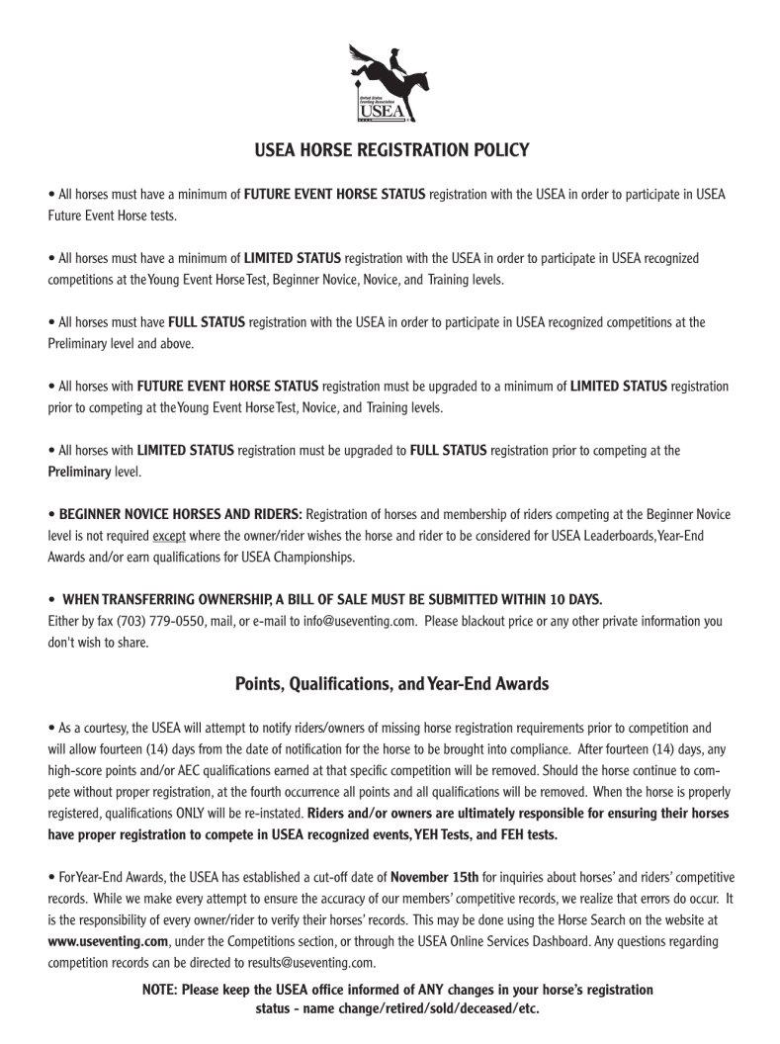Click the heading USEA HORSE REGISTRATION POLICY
[391, 150]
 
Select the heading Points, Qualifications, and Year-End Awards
[391, 683]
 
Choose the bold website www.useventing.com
[108, 941]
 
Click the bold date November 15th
[435, 877]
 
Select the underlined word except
[168, 536]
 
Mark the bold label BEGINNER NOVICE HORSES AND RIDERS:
[180, 514]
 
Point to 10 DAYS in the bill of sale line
[570, 600]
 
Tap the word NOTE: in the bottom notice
[159, 990]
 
